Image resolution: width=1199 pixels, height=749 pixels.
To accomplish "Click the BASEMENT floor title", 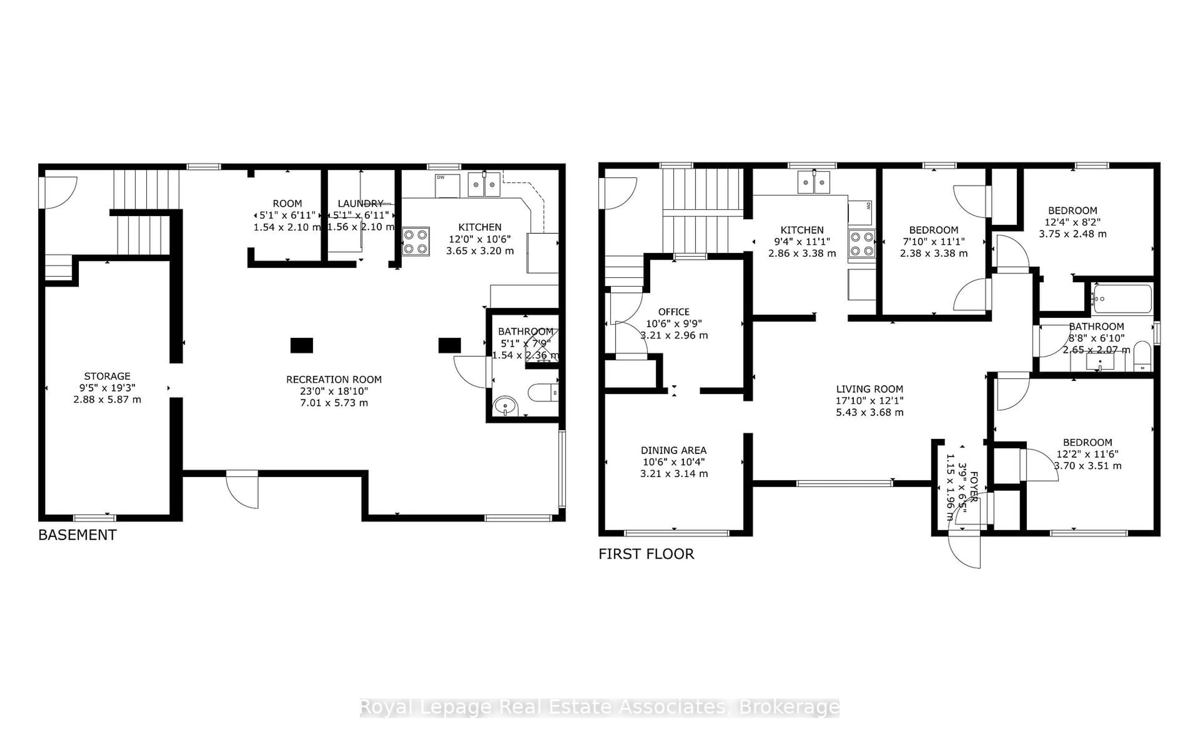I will [77, 535].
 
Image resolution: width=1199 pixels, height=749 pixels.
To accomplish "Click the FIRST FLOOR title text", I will [646, 554].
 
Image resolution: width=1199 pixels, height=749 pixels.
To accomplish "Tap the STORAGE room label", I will [107, 376].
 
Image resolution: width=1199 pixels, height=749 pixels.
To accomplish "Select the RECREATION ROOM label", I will [334, 379].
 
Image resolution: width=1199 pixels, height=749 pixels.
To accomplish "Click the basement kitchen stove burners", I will [415, 241].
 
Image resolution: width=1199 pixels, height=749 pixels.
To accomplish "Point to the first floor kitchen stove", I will [861, 244].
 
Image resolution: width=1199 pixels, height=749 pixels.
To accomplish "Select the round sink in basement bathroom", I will [506, 406].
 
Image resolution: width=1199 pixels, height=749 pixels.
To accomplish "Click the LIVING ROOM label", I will [870, 389].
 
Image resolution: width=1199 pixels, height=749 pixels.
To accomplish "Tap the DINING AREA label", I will [673, 450].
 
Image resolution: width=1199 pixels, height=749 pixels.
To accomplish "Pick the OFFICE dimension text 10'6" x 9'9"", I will [673, 324].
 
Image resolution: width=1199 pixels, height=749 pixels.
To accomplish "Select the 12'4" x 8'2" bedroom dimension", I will [1073, 222].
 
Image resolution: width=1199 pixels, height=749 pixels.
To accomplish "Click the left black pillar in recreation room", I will [301, 345].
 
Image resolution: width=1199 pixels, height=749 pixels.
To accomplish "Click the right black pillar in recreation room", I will [449, 345].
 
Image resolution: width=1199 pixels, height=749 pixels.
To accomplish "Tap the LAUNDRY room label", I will [360, 203].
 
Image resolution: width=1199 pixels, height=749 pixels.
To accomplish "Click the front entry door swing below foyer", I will [964, 550].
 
